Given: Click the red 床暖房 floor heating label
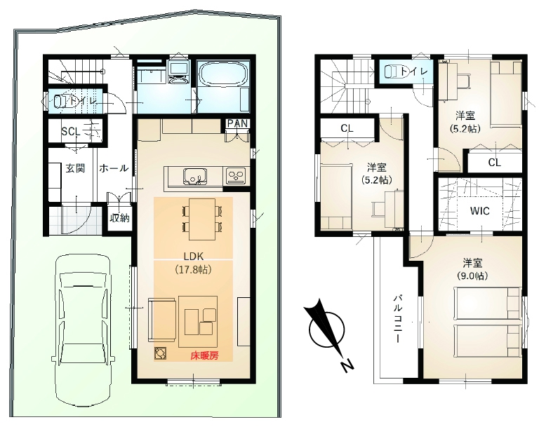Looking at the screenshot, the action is [204, 356].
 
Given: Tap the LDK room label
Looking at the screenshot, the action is [194, 256].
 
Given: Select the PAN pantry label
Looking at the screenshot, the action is [238, 123].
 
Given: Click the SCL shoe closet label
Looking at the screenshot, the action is [71, 131].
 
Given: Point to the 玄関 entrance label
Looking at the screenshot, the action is [75, 168].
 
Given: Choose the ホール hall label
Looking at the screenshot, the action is [114, 168].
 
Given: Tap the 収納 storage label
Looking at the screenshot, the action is [119, 217].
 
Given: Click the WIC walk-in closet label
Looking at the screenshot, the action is [480, 211].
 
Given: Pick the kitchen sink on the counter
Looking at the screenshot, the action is [195, 177].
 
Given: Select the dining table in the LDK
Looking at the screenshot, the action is [202, 219].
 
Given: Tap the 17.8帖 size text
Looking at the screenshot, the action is [193, 269].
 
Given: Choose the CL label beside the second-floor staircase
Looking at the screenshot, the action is [347, 128].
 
